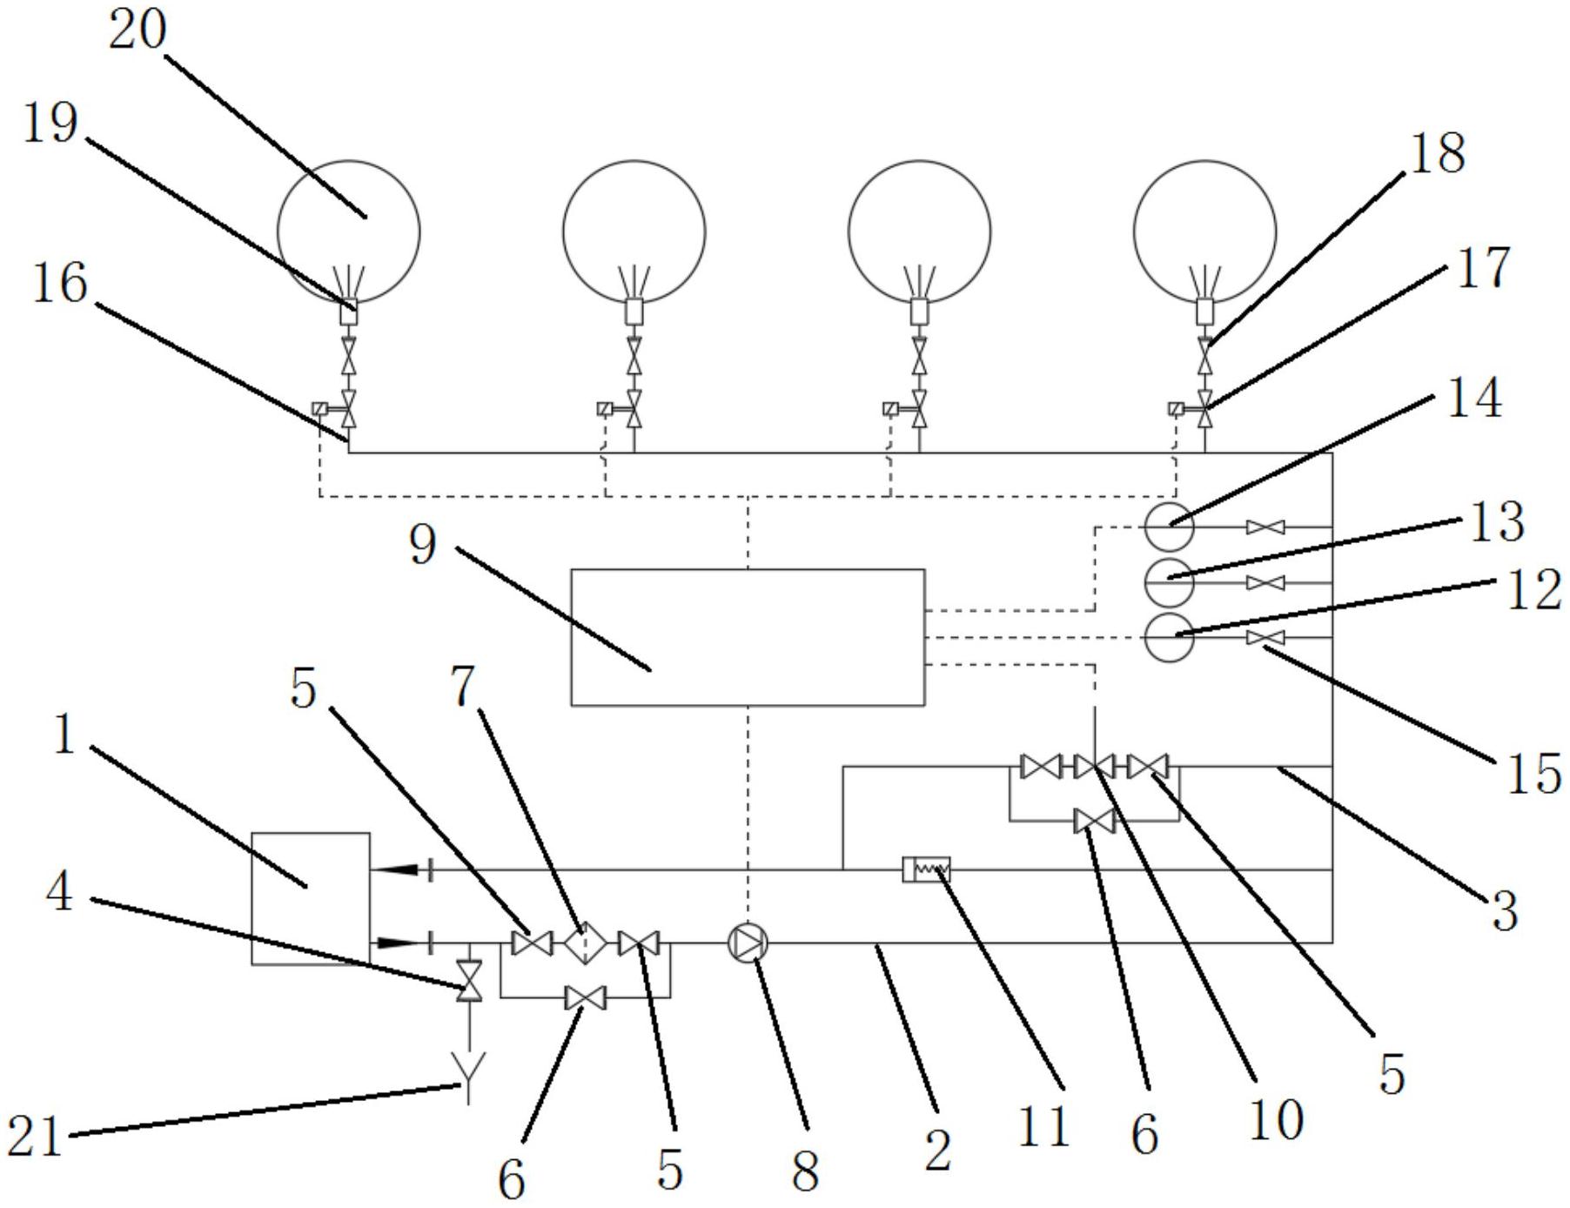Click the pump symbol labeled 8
point(748,943)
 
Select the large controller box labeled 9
point(748,637)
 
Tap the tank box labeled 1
point(311,898)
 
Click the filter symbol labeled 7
point(585,943)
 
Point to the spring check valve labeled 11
point(927,869)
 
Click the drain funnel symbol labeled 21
point(469,1067)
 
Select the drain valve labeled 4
point(469,982)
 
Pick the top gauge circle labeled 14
point(1169,527)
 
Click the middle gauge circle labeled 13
point(1169,582)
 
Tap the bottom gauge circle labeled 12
point(1169,637)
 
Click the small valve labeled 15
point(1265,638)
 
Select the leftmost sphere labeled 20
point(348,231)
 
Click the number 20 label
point(137,30)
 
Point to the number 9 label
point(423,546)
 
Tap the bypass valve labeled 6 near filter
point(586,997)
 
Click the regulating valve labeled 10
point(1094,766)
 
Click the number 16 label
point(59,284)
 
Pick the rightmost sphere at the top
point(1204,231)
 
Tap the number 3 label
point(1505,912)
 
